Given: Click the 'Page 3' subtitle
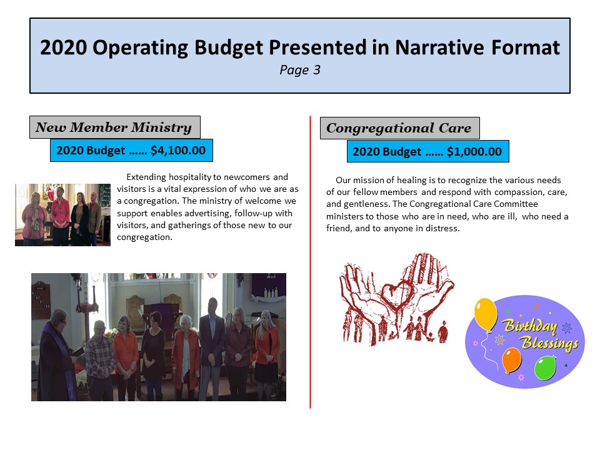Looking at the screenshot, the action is tap(300, 70).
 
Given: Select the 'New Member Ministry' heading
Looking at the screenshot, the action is tap(114, 127).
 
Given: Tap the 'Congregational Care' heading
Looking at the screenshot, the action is tap(399, 128).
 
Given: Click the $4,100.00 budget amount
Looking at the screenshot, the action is tap(178, 151).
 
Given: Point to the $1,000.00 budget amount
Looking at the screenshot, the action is tap(474, 151).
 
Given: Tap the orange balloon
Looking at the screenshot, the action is tap(511, 360).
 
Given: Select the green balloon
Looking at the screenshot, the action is tap(545, 367).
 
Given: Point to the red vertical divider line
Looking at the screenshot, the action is tap(310, 262).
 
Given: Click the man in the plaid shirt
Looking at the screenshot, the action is tap(99, 361).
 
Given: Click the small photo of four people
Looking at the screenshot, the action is tap(62, 214).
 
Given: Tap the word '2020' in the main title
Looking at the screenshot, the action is tap(63, 47).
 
